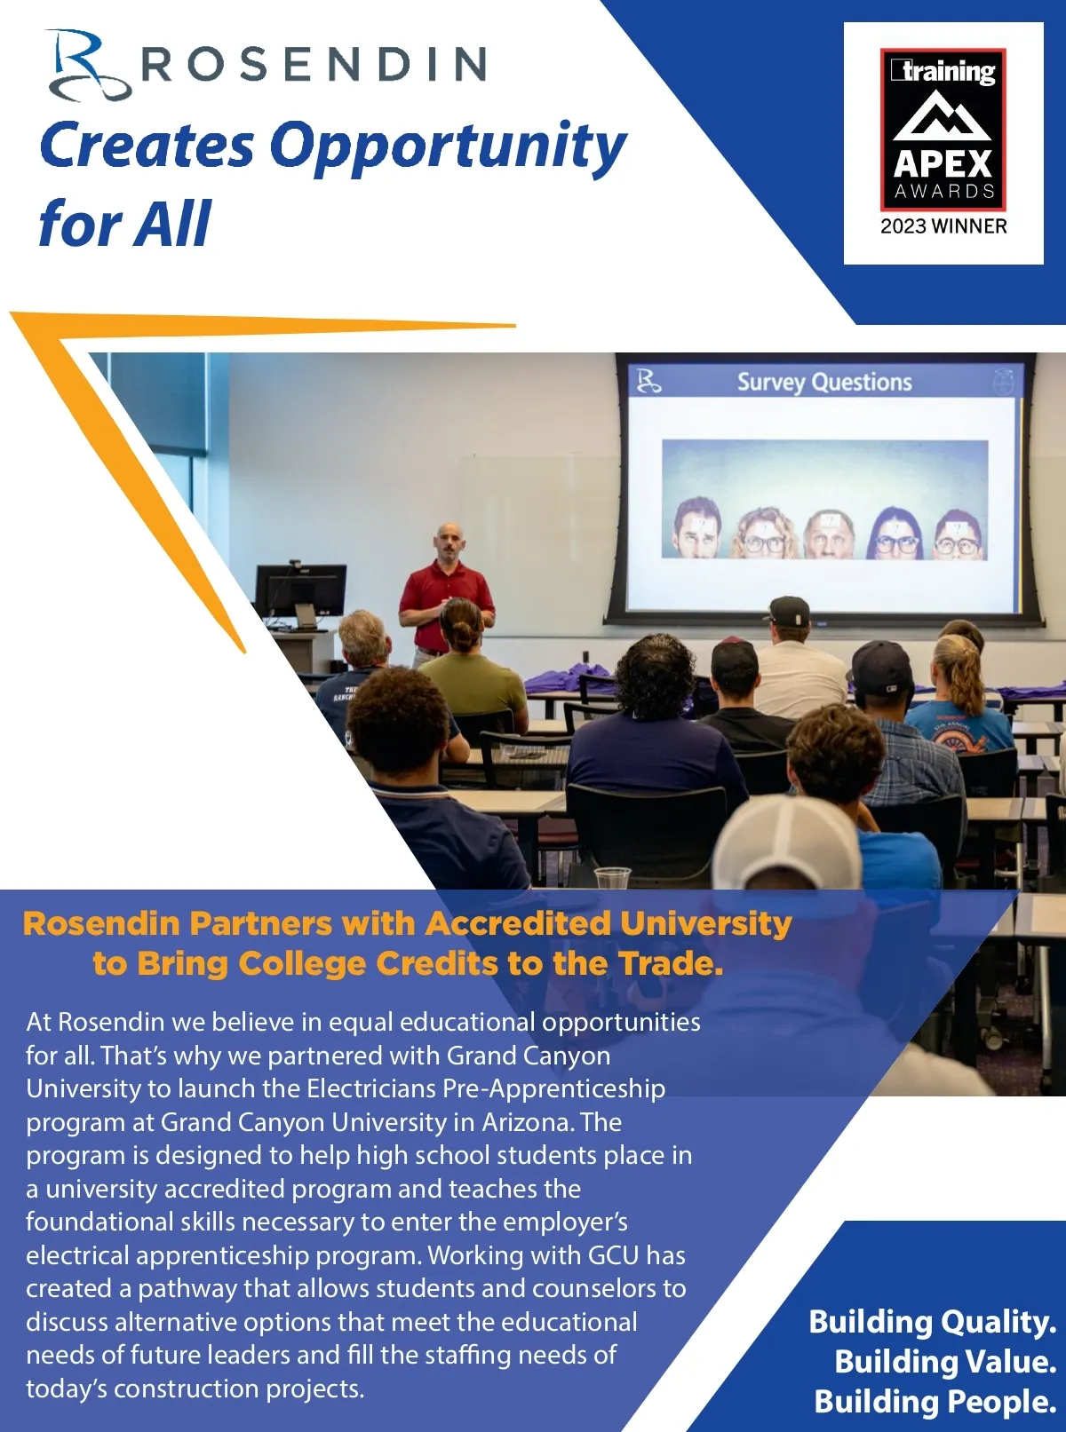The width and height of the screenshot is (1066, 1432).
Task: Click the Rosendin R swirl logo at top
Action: tap(87, 66)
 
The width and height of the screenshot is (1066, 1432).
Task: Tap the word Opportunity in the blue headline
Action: tap(446, 146)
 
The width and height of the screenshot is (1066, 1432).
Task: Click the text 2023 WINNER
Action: tap(943, 226)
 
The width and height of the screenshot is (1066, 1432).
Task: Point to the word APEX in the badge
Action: tap(943, 164)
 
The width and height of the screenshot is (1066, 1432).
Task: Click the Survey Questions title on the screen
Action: tap(824, 383)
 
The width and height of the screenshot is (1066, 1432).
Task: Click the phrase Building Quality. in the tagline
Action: tap(932, 1322)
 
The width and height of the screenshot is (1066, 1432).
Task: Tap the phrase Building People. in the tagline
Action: tap(935, 1402)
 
